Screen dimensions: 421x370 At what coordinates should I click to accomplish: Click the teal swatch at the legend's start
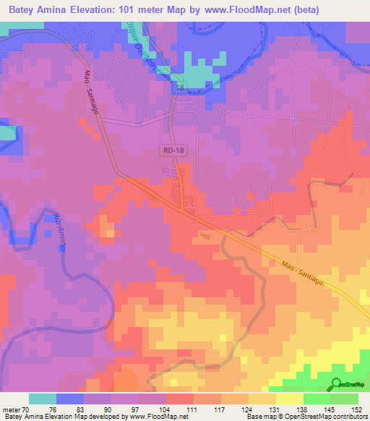tap(43, 399)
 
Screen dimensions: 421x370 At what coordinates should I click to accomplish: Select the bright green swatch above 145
tap(317, 399)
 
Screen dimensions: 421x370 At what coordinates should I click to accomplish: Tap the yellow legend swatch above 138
tap(289, 399)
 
